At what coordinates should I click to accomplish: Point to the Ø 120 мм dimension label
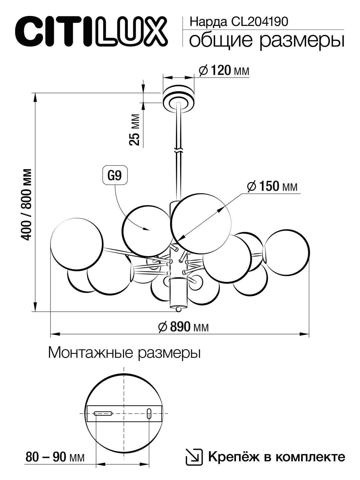(224, 70)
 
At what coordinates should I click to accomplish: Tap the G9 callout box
(114, 175)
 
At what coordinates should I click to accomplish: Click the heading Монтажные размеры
(124, 353)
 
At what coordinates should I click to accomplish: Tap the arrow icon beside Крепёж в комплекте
(194, 457)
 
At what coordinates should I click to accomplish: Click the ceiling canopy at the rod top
(178, 96)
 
